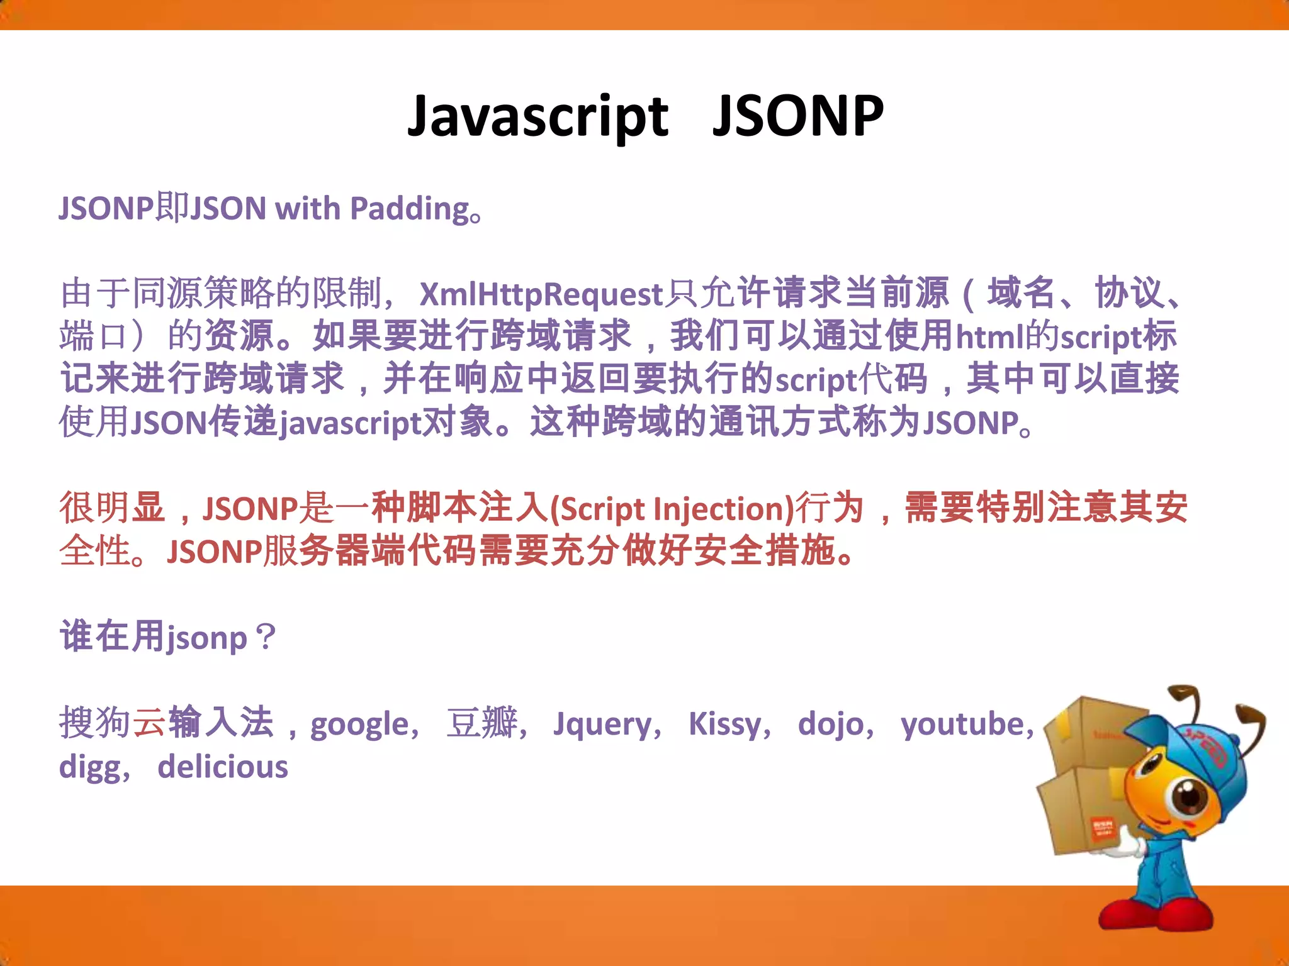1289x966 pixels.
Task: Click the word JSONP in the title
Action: (x=797, y=116)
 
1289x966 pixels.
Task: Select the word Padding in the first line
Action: (x=408, y=209)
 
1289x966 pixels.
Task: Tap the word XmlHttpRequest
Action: (x=541, y=294)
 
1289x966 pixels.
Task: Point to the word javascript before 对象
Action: (x=350, y=423)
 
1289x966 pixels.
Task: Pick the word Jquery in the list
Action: (x=603, y=724)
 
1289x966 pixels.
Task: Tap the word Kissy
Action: (x=724, y=724)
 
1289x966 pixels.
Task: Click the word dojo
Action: (x=831, y=724)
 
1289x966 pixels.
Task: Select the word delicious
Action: (x=223, y=767)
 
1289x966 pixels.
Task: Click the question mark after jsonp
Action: (x=266, y=637)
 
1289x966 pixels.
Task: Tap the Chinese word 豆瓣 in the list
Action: (x=482, y=723)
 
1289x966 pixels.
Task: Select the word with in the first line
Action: (x=308, y=209)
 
